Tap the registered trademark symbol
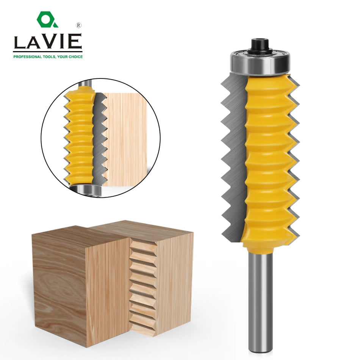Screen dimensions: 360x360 (78, 25)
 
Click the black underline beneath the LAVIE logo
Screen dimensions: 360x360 (47, 51)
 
